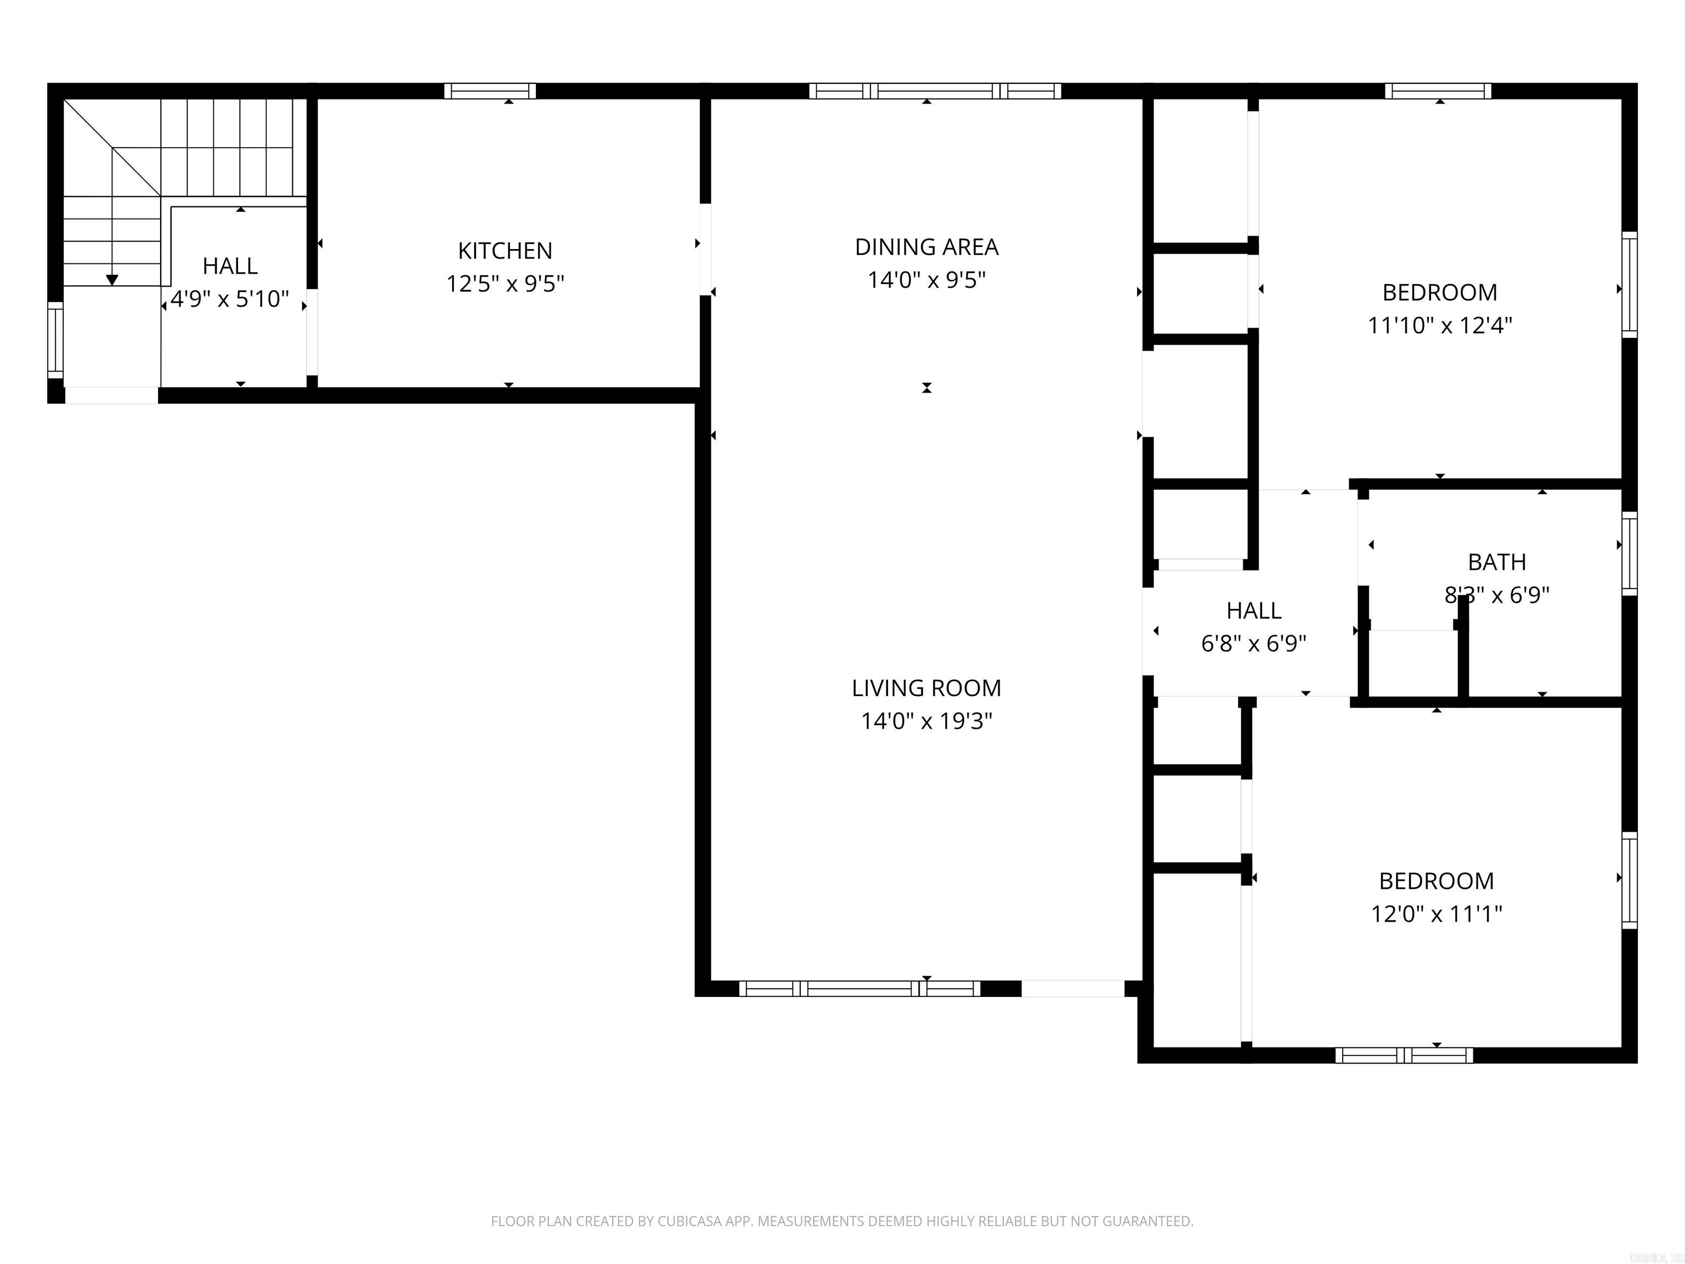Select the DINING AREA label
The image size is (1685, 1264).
[x=926, y=247]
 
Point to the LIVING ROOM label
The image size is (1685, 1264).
[x=926, y=688]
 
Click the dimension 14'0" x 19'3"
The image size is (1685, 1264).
[x=926, y=721]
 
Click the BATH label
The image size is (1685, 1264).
[x=1496, y=562]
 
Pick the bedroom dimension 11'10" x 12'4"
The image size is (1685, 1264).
[x=1439, y=325]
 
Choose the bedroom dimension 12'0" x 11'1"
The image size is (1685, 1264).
[x=1436, y=913]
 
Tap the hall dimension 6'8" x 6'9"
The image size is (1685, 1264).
[x=1253, y=644]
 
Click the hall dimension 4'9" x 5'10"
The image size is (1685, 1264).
[x=229, y=298]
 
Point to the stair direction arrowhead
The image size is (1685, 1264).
[x=112, y=280]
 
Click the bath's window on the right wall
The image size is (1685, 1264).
[x=1629, y=554]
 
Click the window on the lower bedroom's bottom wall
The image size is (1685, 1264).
[x=1403, y=1055]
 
